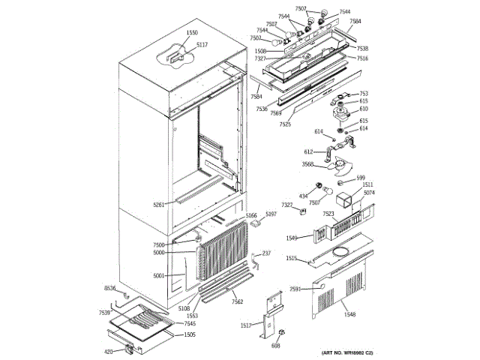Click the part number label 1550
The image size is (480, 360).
[x=192, y=33]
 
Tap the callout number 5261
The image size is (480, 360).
[x=159, y=204]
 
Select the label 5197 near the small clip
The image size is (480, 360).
[x=271, y=214]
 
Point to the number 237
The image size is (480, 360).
[x=266, y=253]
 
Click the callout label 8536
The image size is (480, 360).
[x=109, y=288]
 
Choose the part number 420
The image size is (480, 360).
[x=108, y=351]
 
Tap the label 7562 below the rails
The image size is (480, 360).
[x=237, y=301]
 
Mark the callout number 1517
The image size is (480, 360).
[x=246, y=325]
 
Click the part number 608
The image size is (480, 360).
[x=275, y=346]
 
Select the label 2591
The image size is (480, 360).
[x=295, y=289]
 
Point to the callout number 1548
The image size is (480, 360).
[x=350, y=315]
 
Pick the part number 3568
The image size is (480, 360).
[x=308, y=163]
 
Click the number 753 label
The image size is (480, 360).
[x=364, y=94]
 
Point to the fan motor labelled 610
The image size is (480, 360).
[x=345, y=113]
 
